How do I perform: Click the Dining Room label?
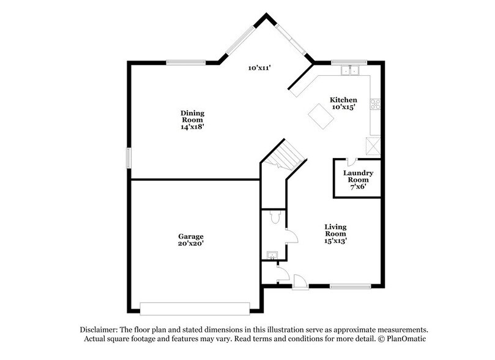point(192,113)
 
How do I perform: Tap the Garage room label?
point(191,236)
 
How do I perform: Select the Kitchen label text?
point(343,100)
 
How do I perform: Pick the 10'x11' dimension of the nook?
point(259,68)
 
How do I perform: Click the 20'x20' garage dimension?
point(191,244)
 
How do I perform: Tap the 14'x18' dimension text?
point(192,127)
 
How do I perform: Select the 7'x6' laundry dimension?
point(358,187)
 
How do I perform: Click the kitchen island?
point(321,116)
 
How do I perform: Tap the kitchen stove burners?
point(375,103)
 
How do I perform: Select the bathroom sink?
point(271,254)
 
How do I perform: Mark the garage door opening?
point(195,307)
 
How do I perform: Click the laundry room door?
point(351,162)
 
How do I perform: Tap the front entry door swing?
point(300,282)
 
